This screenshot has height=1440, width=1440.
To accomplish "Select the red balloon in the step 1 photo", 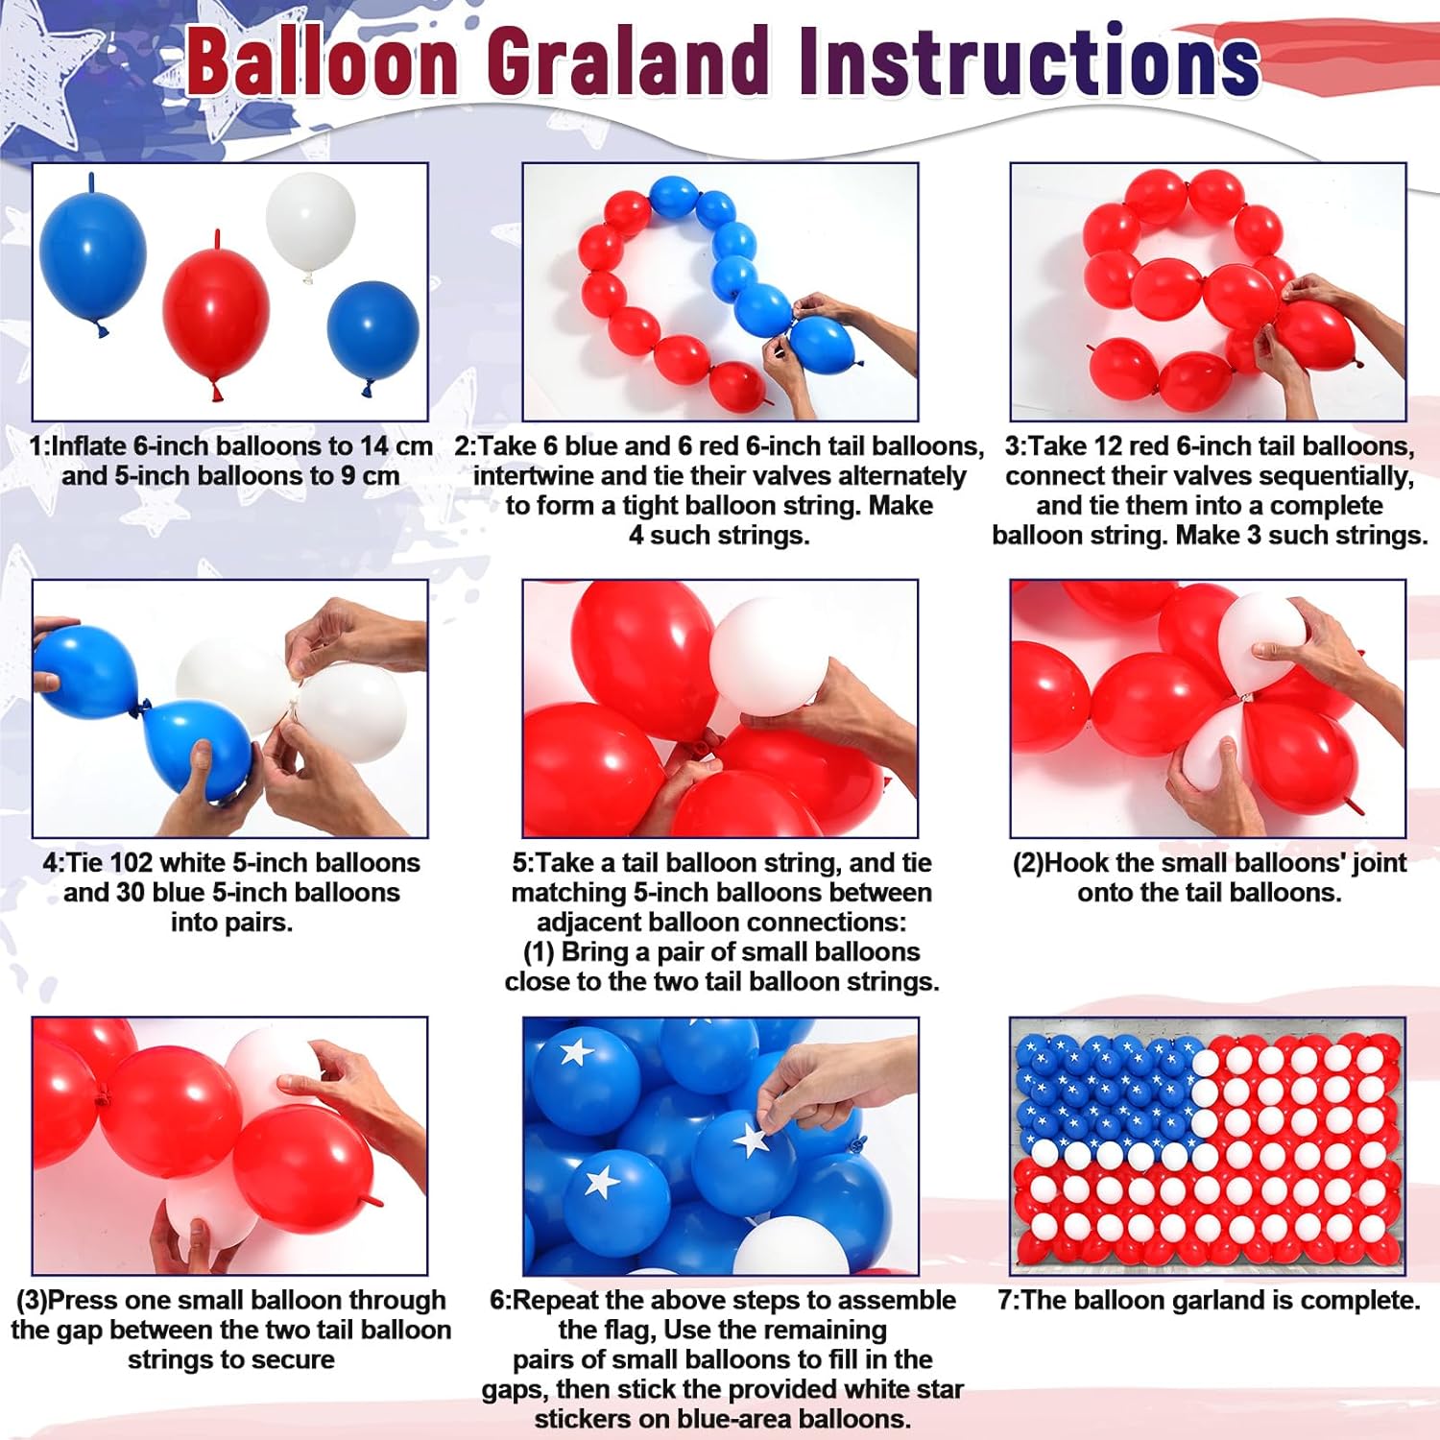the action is tap(216, 315).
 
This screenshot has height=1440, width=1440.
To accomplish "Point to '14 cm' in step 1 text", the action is tap(396, 446).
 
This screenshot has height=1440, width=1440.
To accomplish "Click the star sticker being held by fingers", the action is tap(752, 1140).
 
